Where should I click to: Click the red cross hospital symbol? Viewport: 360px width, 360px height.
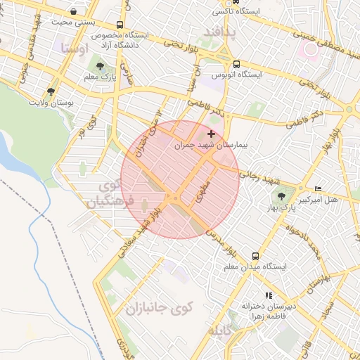click(212, 133)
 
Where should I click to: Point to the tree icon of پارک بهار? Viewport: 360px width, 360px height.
click(282, 196)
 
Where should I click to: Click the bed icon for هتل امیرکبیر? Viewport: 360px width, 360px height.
click(318, 188)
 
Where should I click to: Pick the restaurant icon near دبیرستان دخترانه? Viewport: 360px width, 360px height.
click(268, 295)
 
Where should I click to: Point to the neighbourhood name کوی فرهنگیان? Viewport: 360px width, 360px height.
click(108, 194)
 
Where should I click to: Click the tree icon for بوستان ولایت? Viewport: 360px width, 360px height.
click(51, 91)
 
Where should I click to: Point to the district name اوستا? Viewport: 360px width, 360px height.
click(75, 49)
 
